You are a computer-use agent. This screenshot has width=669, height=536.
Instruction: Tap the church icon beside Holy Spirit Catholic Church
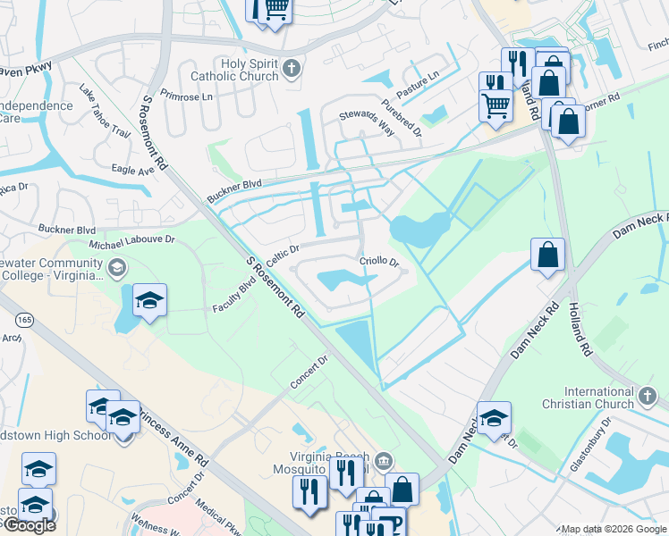click(x=291, y=68)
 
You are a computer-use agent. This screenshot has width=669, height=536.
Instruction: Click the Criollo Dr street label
click(x=378, y=261)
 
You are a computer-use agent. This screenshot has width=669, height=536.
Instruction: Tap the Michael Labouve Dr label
click(x=131, y=242)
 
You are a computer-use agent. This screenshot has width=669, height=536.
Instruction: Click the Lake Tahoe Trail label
click(x=105, y=112)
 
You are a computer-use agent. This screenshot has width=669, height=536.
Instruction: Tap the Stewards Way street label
click(x=367, y=123)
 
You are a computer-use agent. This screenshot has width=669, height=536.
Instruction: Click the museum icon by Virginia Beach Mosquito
click(x=384, y=461)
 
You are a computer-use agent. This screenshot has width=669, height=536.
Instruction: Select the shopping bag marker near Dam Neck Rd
click(x=547, y=255)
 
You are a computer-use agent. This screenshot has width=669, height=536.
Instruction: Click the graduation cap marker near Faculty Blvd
click(x=150, y=299)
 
